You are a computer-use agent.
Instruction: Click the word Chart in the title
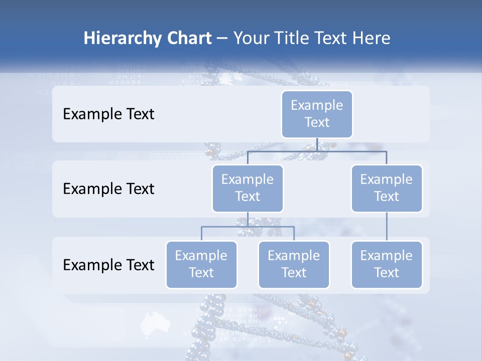pos(189,38)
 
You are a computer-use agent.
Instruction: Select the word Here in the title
pos(371,38)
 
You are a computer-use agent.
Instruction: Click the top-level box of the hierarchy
pos(317,114)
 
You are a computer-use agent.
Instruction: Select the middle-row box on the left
pos(248,188)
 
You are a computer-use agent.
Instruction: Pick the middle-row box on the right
pos(387,188)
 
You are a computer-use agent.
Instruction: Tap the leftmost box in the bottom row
pos(201,264)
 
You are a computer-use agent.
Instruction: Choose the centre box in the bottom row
pos(294,264)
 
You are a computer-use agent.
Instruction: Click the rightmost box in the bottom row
pos(387,264)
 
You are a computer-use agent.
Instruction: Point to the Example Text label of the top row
pos(108,114)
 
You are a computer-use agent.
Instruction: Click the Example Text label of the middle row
pos(108,189)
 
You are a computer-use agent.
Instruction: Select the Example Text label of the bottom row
pos(108,265)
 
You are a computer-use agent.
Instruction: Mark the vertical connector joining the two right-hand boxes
pos(387,227)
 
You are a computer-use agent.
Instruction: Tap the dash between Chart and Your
pos(222,39)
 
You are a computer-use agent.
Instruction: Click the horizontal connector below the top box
pos(317,150)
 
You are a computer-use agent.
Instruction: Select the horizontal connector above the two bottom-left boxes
pos(248,227)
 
